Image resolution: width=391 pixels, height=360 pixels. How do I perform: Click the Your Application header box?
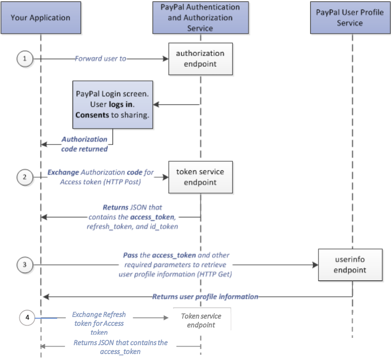coord(40,18)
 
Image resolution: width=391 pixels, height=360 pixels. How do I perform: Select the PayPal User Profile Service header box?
coord(350,18)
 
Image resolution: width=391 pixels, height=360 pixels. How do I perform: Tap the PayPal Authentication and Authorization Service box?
coord(201,18)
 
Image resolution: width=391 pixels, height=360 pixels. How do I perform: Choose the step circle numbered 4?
coord(27,318)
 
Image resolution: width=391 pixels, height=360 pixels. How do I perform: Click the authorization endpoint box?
coord(200,59)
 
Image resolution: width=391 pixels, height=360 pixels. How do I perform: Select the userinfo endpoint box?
coord(350,264)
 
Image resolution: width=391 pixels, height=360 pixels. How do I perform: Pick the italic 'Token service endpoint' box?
coord(201,320)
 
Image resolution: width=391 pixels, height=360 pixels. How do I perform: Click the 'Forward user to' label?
coord(100,59)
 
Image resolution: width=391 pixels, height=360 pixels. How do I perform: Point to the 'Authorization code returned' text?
coord(84,144)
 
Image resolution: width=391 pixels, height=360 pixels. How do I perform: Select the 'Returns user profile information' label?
coord(205,297)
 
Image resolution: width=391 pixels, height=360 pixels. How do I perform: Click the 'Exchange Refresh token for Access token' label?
coord(99,324)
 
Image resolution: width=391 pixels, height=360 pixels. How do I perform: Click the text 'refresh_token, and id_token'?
coord(133,226)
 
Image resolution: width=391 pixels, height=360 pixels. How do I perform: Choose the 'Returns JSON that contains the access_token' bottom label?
coord(120,347)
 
